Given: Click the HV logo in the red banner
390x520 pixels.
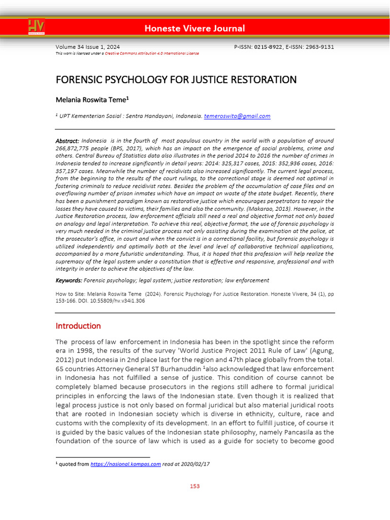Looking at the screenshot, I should coord(36,26).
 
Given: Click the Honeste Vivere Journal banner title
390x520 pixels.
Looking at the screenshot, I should coord(194,28).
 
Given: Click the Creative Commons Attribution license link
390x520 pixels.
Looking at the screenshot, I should coord(152,53).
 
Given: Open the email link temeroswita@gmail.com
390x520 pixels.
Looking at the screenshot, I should coord(237,116).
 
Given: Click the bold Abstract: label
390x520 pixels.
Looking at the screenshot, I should coord(67,140).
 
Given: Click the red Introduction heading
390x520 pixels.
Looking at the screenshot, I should coord(78,326).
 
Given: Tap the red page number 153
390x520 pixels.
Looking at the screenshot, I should coord(195,486).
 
